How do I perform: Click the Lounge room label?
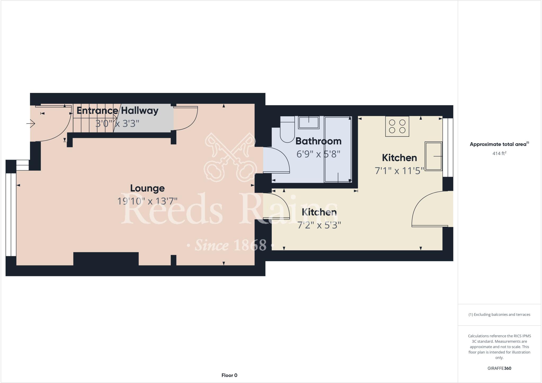147,188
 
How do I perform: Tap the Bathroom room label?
318,141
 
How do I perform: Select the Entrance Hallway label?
118,110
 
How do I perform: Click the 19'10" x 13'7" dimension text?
147,201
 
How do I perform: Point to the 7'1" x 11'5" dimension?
399,171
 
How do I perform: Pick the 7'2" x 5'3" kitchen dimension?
319,225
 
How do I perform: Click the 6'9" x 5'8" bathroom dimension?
318,154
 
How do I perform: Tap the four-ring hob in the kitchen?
397,126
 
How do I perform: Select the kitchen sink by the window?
433,156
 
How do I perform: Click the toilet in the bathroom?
287,131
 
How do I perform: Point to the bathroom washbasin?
309,122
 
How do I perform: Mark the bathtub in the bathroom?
338,149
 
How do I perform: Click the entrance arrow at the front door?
31,123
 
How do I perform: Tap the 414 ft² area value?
499,153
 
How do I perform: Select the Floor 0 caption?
229,375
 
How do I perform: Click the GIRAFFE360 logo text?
499,368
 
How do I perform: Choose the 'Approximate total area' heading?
499,144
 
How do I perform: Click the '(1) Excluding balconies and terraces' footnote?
499,315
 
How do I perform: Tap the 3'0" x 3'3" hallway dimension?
117,123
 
